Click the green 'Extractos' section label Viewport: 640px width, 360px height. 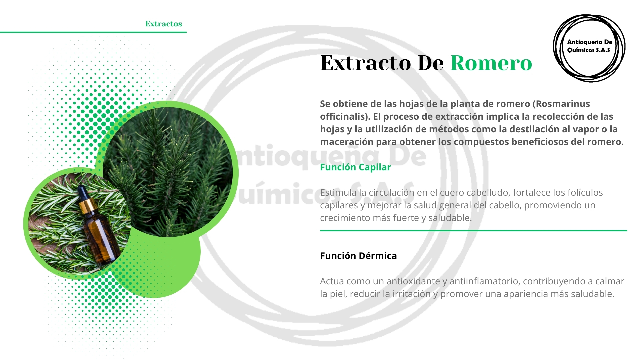pos(164,24)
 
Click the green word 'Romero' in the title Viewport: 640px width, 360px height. pos(491,63)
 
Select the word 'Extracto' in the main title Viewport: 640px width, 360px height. pos(366,63)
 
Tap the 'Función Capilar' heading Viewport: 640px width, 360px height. pos(355,167)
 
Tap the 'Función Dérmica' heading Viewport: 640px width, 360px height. pos(358,256)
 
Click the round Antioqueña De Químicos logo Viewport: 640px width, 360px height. pos(589,48)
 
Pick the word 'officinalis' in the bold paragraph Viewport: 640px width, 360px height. pos(345,117)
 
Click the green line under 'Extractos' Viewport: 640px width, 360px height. pos(93,32)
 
